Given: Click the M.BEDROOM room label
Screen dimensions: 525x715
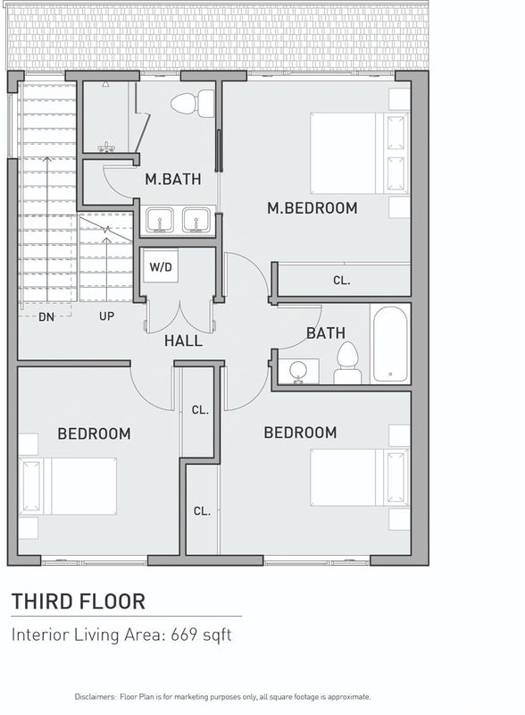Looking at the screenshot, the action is [x=312, y=208].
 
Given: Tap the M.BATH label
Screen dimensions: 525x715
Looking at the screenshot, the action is [x=173, y=180].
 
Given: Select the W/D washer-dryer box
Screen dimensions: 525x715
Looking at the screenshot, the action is [x=161, y=266].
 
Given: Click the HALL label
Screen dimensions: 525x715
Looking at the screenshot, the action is [x=183, y=341].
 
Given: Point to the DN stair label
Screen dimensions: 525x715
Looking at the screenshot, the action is [x=46, y=316].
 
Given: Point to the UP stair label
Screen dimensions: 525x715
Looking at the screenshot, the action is [x=106, y=316].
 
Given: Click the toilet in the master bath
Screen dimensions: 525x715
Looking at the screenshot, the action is [x=192, y=103].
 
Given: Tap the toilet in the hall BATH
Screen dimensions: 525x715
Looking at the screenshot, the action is [x=347, y=363].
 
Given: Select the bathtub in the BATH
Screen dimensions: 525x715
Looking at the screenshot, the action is [x=390, y=345].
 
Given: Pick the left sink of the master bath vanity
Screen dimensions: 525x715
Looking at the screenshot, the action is [x=160, y=220].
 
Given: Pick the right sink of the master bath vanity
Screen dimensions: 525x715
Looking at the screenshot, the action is [x=196, y=220].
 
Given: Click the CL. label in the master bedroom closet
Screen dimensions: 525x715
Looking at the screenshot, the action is [x=341, y=281].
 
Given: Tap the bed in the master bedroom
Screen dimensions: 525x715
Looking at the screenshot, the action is [x=360, y=153].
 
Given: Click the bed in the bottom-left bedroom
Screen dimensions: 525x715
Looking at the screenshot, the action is [x=68, y=486].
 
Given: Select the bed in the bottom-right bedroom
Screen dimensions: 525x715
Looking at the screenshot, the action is [x=360, y=478].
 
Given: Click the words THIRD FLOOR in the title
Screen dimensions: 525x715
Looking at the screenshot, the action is [x=79, y=601].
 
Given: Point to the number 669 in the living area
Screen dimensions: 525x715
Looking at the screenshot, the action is [x=185, y=635].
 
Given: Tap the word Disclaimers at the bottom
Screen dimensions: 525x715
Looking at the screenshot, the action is [x=96, y=697].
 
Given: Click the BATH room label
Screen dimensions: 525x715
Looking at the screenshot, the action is [x=325, y=332].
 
